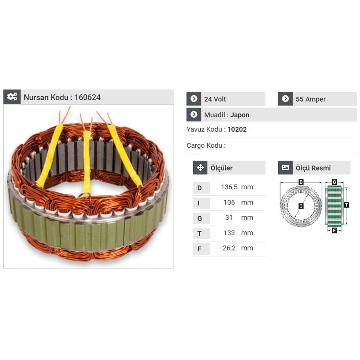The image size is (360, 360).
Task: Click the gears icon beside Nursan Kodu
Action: [12, 97]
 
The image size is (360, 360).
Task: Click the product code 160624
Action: [87, 97]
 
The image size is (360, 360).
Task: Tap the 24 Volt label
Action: [215, 99]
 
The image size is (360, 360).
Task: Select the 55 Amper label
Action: [310, 99]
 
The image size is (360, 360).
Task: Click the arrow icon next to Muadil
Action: [194, 115]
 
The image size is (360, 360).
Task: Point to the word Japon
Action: [240, 115]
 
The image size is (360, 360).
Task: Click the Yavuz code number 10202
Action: [237, 130]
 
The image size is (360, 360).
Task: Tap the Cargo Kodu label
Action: [206, 145]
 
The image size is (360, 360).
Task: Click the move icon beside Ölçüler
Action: [200, 168]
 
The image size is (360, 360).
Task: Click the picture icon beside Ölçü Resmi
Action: [285, 168]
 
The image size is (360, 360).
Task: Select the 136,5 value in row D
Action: [229, 187]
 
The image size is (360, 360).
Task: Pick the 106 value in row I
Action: [229, 202]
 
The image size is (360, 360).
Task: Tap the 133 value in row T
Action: [229, 233]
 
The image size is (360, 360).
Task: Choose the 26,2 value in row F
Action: [229, 248]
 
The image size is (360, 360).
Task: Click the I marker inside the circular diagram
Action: [301, 206]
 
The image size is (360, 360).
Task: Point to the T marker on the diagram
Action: [346, 205]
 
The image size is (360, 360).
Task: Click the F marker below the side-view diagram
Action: [334, 231]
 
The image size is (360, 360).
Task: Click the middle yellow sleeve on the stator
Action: [87, 161]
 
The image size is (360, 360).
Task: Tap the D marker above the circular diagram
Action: [301, 182]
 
